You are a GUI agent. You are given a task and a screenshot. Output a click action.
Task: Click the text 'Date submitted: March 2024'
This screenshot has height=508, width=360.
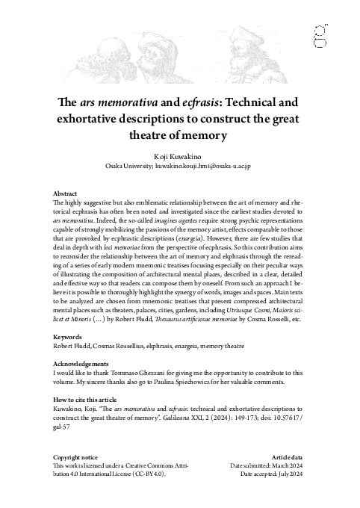tap(267, 465)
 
